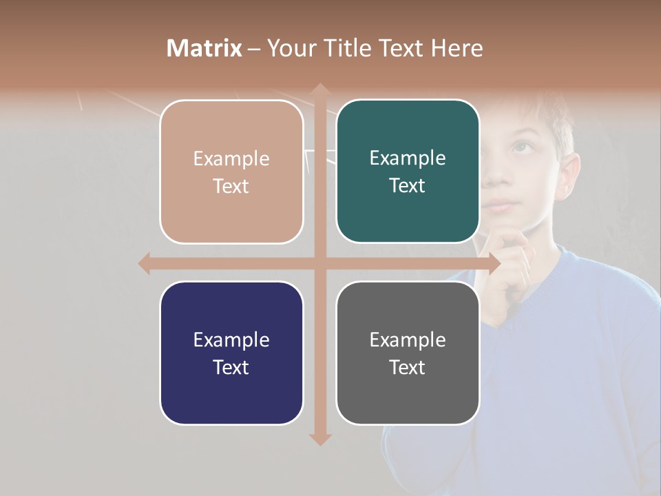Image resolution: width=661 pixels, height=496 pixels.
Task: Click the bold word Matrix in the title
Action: (204, 48)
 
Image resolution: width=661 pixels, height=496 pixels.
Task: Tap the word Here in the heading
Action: (457, 48)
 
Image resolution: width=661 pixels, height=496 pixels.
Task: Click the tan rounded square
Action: (231, 172)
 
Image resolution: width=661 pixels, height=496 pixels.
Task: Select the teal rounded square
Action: (408, 172)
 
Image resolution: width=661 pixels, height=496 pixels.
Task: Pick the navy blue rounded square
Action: (231, 353)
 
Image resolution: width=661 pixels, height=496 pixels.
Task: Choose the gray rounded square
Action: (408, 353)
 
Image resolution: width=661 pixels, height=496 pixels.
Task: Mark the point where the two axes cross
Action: (319, 263)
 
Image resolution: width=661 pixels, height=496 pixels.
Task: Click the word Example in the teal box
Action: (408, 158)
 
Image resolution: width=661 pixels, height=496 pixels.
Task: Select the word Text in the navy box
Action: (231, 367)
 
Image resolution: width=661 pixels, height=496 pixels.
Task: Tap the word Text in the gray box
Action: (408, 367)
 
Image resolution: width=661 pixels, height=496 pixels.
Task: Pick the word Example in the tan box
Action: (231, 158)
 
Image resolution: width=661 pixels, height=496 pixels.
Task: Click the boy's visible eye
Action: (522, 147)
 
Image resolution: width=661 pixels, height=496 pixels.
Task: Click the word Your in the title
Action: (291, 48)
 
